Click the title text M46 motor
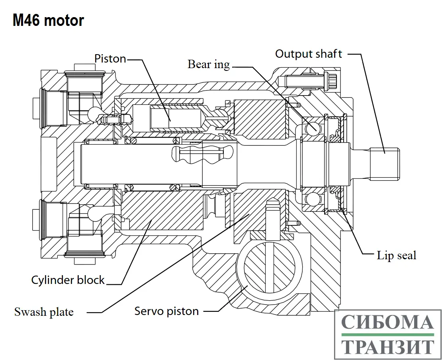coord(48,20)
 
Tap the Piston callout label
coord(110,59)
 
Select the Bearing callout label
coord(209,64)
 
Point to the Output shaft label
coord(309,54)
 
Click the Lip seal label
coord(396,255)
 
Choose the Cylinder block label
coord(68,280)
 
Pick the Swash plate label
coord(44,311)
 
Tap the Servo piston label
coord(166,311)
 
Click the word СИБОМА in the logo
coord(387,323)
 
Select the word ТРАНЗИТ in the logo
coord(387,346)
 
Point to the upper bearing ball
coord(313,127)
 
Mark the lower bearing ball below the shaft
coord(313,198)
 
